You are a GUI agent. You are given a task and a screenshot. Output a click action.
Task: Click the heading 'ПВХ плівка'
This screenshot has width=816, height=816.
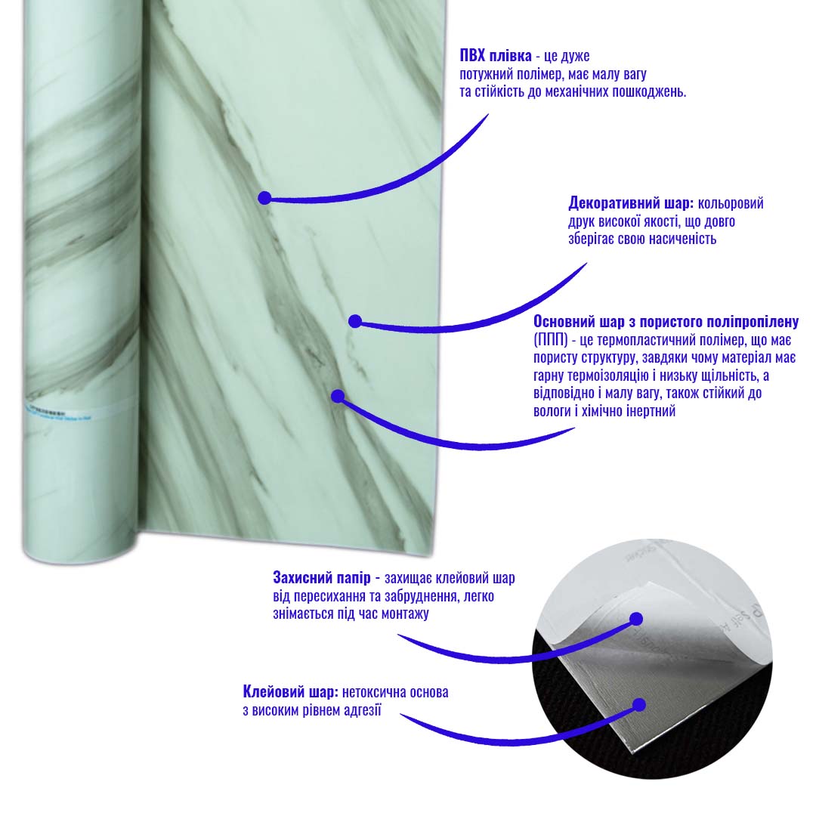point(496,56)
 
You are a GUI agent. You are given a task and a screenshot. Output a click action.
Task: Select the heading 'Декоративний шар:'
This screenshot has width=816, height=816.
point(631,203)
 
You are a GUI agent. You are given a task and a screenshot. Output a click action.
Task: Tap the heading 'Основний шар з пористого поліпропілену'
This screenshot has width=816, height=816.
point(666,322)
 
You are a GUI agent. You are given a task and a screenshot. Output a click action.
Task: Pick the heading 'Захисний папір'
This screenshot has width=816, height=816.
point(322,578)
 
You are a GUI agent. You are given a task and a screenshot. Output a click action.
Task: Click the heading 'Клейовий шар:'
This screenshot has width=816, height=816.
point(290,692)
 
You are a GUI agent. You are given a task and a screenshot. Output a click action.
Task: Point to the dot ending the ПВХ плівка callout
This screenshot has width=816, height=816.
point(264,198)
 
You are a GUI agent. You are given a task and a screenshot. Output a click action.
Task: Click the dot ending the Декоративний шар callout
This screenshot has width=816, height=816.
point(355,321)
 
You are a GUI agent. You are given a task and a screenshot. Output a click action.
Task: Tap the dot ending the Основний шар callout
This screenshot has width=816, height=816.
point(338,397)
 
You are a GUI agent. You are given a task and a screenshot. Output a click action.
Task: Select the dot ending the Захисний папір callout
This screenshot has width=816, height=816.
point(636,619)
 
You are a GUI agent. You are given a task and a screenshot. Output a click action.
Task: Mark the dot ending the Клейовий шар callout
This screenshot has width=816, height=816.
point(639,705)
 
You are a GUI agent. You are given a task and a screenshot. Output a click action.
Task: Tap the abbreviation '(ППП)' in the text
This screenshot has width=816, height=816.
point(551,340)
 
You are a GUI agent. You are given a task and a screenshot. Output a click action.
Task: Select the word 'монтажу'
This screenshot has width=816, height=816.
point(405,614)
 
